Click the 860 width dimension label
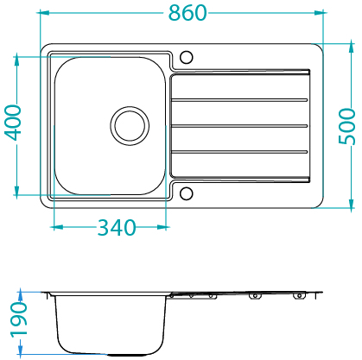(187, 13)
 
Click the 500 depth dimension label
(346, 126)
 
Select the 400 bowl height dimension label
(13, 123)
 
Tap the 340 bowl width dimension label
(117, 228)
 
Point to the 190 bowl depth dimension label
(19, 319)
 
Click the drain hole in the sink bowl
(130, 126)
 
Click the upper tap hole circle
(186, 57)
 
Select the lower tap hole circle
(186, 193)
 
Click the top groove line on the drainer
(239, 100)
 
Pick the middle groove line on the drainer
(239, 126)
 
